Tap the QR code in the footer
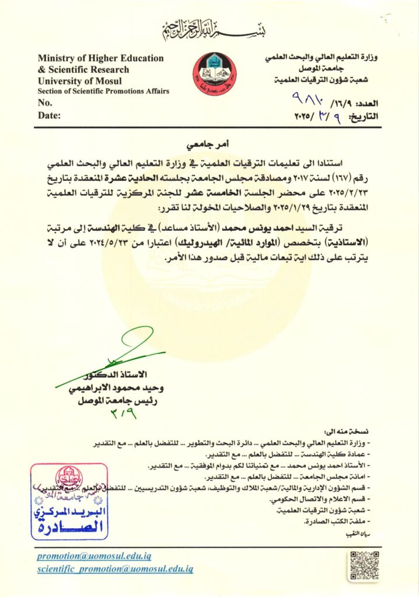pos(364,564)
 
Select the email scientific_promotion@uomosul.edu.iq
pos(115,568)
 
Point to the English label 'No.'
pos(45,103)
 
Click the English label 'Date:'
pos(49,115)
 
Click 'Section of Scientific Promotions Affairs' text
pos(103,92)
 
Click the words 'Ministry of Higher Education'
pos(100,58)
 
